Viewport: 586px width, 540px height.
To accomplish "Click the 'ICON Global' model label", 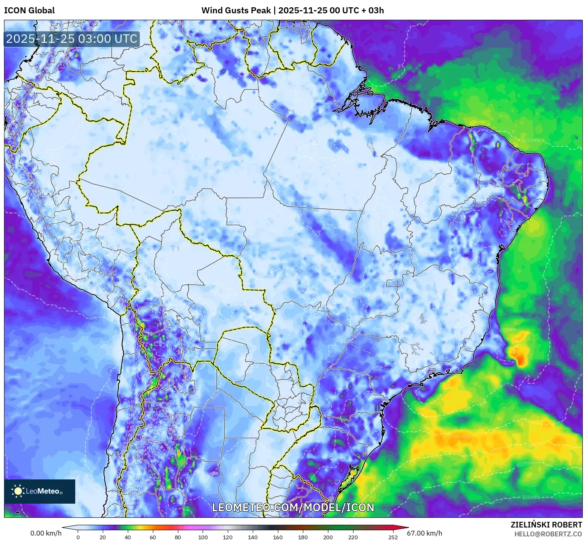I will (x=29, y=11).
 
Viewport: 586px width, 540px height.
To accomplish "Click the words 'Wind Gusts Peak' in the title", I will (x=236, y=11).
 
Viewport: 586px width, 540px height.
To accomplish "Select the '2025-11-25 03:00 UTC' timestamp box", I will (x=72, y=39).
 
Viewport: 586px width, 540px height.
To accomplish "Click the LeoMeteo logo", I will (x=40, y=491).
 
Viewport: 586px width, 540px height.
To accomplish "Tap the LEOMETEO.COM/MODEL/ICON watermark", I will (x=293, y=507).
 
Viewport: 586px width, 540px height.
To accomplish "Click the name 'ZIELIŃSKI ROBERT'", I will (x=546, y=525).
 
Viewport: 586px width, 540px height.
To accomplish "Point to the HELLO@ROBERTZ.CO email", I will (x=548, y=534).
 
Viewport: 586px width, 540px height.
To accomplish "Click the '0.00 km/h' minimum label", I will (x=46, y=533).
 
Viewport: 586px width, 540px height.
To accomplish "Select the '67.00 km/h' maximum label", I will (x=424, y=533).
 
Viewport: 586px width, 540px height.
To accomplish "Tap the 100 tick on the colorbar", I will (x=203, y=537).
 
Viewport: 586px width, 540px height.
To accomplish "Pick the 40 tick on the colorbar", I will (x=128, y=537).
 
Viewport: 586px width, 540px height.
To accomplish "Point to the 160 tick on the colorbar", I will (x=278, y=537).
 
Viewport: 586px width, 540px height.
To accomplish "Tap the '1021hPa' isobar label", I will (x=531, y=497).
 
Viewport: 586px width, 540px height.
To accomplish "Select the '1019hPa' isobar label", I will (x=525, y=464).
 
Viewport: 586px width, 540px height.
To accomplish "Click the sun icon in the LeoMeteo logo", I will (x=18, y=491).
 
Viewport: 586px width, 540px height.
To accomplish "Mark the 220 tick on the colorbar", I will (x=353, y=537).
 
